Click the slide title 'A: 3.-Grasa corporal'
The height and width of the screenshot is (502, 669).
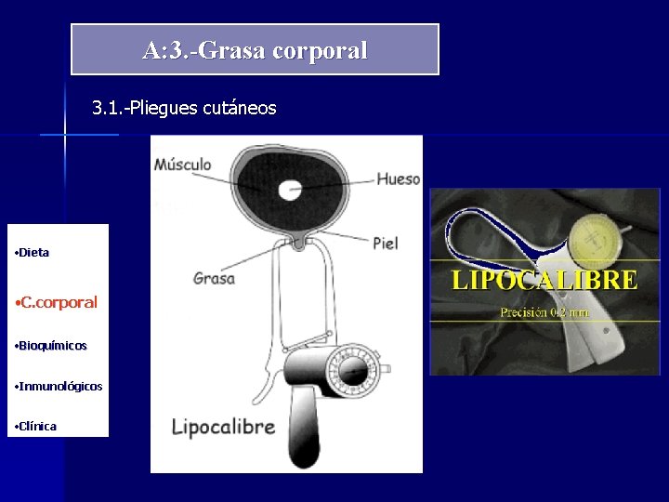[255, 50]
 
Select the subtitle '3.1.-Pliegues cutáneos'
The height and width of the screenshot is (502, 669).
[184, 109]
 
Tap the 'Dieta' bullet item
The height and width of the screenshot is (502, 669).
[34, 253]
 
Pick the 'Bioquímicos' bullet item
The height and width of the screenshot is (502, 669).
[53, 346]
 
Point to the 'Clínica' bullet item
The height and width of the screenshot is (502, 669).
[38, 426]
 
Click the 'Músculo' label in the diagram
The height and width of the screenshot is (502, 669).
[182, 165]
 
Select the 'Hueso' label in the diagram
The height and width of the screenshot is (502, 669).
[398, 178]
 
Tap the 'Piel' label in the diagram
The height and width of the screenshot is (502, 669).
[385, 243]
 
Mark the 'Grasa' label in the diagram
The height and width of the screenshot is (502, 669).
[214, 277]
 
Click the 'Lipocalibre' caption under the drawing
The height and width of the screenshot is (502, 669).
[223, 427]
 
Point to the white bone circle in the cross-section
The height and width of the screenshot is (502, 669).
[292, 190]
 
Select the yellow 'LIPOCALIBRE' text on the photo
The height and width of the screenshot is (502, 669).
[544, 280]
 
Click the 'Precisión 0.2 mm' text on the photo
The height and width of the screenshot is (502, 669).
[544, 312]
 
